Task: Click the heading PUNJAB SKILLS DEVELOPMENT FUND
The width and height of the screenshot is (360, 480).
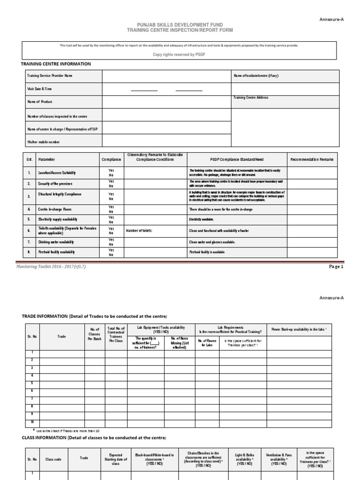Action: click(x=180, y=24)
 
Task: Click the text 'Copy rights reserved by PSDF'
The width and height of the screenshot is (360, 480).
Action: click(x=180, y=54)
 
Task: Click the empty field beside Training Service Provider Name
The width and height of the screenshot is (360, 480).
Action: click(x=166, y=75)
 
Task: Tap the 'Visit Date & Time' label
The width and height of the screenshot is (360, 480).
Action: click(x=39, y=89)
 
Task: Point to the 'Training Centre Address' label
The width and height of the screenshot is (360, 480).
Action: click(x=251, y=98)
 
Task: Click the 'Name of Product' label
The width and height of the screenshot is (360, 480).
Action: click(x=40, y=102)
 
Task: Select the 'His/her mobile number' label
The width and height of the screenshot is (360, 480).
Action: click(x=44, y=142)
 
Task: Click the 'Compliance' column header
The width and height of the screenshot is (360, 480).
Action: click(x=111, y=159)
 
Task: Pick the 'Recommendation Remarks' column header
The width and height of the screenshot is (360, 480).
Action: click(x=312, y=159)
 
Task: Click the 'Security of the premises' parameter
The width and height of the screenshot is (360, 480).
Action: click(x=55, y=184)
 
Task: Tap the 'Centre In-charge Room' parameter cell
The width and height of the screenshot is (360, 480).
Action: click(x=55, y=209)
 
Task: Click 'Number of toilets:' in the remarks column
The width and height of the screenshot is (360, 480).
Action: click(x=139, y=231)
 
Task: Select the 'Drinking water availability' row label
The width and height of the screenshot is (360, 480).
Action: click(x=56, y=242)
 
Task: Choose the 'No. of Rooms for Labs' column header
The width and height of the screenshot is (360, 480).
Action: click(x=206, y=343)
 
